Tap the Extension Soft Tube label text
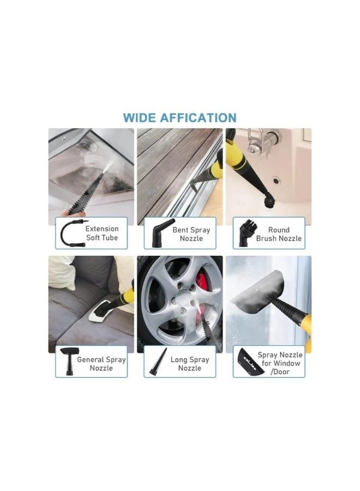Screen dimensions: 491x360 pos(101,233)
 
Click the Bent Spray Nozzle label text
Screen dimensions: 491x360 pos(191,234)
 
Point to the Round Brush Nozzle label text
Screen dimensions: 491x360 pos(279,234)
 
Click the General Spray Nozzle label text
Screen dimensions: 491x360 pos(101,364)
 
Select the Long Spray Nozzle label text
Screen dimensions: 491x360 pos(190,364)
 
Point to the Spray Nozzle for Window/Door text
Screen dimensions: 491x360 pos(279,363)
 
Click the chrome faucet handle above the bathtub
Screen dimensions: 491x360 pos(256,142)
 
